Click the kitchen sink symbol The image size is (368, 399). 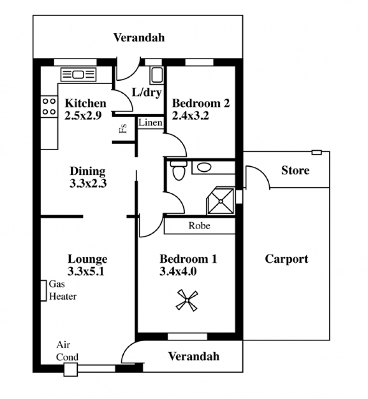(79, 74)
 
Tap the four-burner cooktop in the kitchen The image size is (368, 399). (49, 107)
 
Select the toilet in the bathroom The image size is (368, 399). (179, 170)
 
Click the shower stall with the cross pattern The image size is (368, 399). (221, 201)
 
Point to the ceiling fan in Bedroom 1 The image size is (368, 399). (187, 301)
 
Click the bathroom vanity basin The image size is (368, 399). (204, 167)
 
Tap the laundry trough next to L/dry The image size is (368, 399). (156, 76)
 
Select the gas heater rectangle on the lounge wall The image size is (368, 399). (44, 291)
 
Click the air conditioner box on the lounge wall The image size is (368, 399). (71, 370)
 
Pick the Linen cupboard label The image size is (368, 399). (150, 123)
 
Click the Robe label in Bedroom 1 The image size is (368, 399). (200, 226)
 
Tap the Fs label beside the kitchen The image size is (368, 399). (123, 129)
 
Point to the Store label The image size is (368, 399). (295, 170)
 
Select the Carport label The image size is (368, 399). (287, 259)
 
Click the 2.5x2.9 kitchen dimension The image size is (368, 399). (83, 116)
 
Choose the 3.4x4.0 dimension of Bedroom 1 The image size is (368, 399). (178, 271)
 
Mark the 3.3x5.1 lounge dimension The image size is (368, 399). (86, 271)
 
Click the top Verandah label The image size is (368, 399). (139, 38)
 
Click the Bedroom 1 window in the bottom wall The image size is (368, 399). (187, 337)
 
